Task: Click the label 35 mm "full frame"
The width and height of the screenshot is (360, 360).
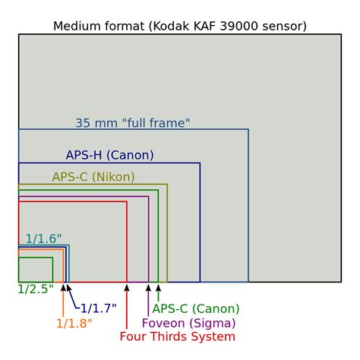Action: point(133,123)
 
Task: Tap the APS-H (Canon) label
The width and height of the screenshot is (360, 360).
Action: point(109,155)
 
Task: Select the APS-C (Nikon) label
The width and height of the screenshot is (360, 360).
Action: point(93,177)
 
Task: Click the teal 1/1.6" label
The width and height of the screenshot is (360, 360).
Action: point(43,238)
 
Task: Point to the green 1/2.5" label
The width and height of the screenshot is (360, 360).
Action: point(36,289)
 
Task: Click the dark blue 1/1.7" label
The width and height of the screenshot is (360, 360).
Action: point(99,308)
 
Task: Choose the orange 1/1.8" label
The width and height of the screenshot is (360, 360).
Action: point(74,324)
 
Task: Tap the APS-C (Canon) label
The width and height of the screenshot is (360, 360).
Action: point(196,308)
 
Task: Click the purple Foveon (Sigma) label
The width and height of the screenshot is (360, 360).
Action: point(189,323)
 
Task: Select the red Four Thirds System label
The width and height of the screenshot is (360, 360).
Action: point(178,336)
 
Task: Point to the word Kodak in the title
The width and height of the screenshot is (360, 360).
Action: point(172,26)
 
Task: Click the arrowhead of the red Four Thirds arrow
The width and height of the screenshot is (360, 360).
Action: point(127,288)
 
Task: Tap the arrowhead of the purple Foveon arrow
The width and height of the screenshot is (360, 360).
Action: point(149,288)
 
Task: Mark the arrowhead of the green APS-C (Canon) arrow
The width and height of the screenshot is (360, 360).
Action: point(159,288)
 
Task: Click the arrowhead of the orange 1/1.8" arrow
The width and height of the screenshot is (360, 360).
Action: point(63,288)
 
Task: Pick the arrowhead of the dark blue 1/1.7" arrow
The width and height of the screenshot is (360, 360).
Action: point(68,288)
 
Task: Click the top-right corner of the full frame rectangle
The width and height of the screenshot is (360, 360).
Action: point(248,129)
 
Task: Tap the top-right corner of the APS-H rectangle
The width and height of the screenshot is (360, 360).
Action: point(200,163)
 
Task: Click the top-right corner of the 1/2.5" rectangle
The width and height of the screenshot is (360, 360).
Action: point(52,257)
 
